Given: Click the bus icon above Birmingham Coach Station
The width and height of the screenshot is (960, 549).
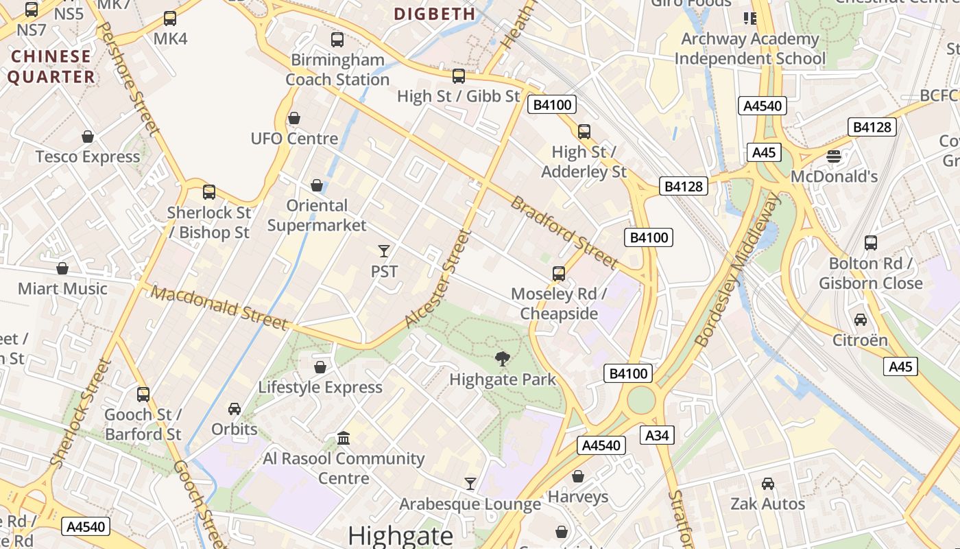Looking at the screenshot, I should (x=337, y=39).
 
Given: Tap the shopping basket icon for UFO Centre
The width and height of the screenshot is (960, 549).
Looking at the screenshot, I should (x=294, y=118).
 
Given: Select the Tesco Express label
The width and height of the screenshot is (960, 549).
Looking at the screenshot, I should (x=88, y=157).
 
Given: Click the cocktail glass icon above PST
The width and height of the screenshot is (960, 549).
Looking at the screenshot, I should (x=384, y=250).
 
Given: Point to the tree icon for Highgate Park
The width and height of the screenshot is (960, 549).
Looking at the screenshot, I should (x=503, y=358).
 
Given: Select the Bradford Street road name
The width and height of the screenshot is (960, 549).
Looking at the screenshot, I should (x=564, y=233).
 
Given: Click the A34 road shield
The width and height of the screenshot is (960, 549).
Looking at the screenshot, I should (x=657, y=434).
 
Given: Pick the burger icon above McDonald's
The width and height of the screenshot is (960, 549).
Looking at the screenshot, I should (x=834, y=156).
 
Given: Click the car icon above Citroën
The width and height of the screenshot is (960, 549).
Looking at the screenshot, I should (x=860, y=319).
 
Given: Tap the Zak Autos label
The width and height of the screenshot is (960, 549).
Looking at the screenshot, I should (x=767, y=504).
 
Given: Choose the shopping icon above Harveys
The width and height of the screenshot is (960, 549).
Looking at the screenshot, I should (x=578, y=476).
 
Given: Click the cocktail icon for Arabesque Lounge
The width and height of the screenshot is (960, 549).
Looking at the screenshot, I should (x=470, y=484).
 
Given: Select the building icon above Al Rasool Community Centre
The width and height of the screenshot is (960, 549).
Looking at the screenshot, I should (x=344, y=438).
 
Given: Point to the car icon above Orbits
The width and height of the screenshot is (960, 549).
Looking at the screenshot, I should (x=235, y=408).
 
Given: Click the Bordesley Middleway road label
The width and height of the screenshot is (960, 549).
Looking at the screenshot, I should (x=738, y=270).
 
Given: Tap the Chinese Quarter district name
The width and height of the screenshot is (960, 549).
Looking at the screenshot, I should (x=51, y=67).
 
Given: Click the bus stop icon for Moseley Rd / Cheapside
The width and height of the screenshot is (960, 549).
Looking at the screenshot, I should (x=559, y=274).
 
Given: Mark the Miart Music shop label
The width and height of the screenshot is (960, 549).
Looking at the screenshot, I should (x=62, y=289).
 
